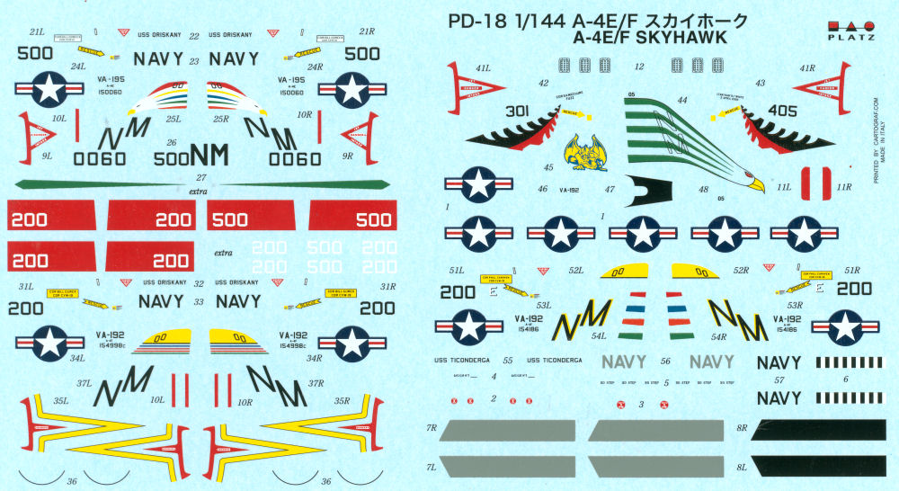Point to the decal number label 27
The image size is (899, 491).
point(201,176)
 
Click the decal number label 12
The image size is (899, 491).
point(639,67)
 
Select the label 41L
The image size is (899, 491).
point(484,67)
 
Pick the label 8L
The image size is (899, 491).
point(741,468)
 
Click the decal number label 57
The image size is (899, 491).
point(779,379)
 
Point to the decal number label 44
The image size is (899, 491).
point(682,100)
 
